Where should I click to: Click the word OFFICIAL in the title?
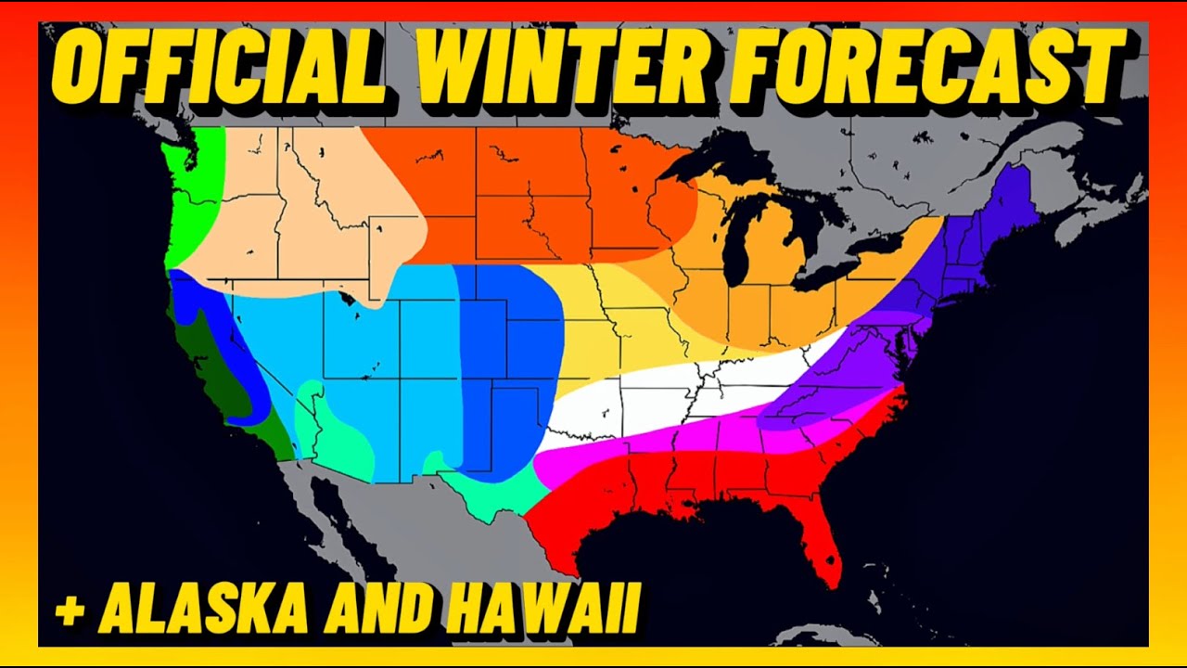pos(223,67)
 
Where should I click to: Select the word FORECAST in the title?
pos(927,67)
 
